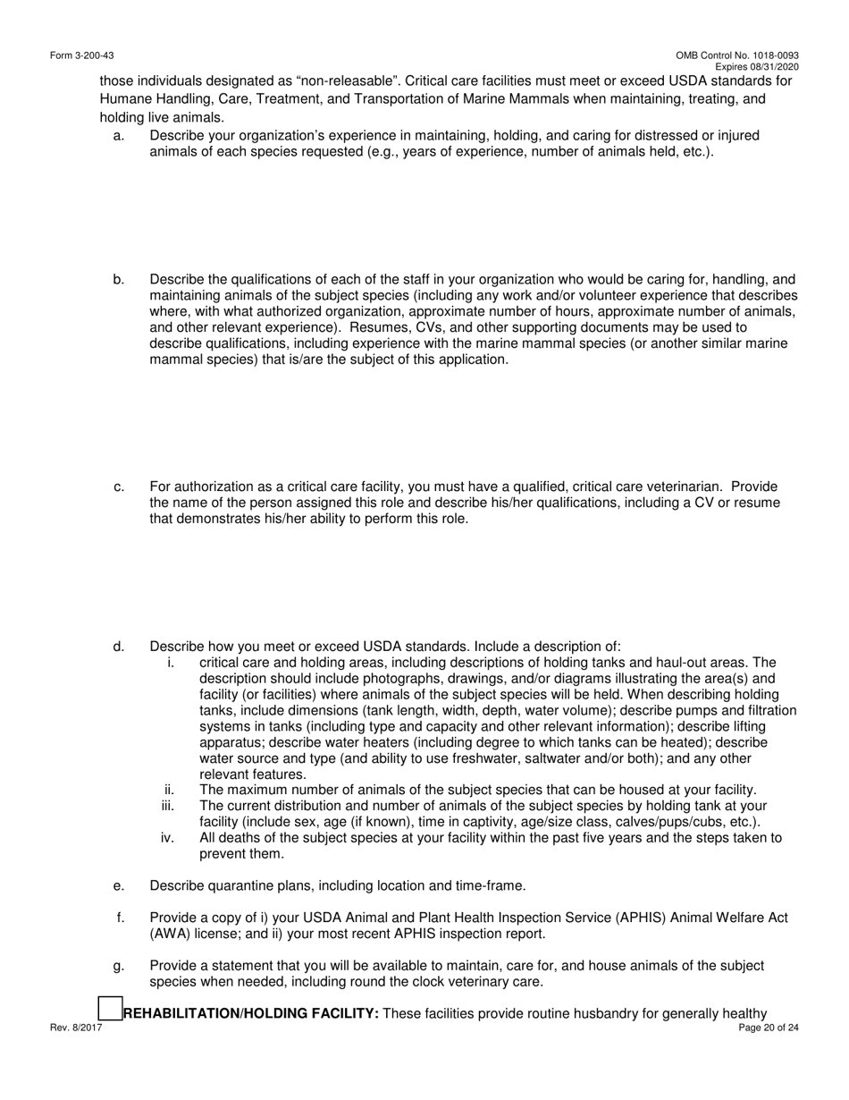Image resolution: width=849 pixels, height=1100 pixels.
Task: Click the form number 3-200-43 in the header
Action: (x=81, y=55)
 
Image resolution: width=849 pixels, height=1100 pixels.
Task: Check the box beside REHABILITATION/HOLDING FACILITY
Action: (x=109, y=1009)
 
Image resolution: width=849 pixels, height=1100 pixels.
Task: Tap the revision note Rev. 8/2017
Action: (x=76, y=1028)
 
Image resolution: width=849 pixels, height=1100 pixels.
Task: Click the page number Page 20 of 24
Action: (x=769, y=1028)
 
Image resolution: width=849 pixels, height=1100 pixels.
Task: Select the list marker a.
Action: (x=119, y=136)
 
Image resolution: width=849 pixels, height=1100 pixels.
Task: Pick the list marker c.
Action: (x=119, y=487)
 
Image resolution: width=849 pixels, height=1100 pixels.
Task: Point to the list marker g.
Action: (x=119, y=967)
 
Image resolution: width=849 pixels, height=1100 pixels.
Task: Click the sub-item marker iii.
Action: (x=167, y=807)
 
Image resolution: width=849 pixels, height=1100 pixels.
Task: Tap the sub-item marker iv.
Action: (x=167, y=839)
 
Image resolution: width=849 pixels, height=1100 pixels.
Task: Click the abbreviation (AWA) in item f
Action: (x=168, y=935)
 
